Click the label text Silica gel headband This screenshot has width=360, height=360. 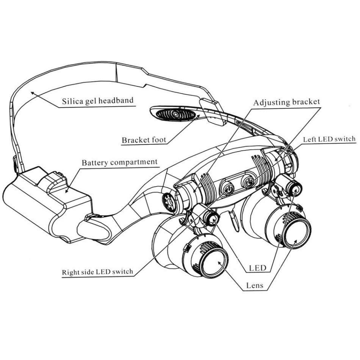98,101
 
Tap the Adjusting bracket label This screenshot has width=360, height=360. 286,102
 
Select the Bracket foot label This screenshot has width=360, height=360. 144,140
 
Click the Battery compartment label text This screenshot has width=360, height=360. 119,162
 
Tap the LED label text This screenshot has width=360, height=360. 258,268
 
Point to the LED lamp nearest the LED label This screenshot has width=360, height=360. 211,218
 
